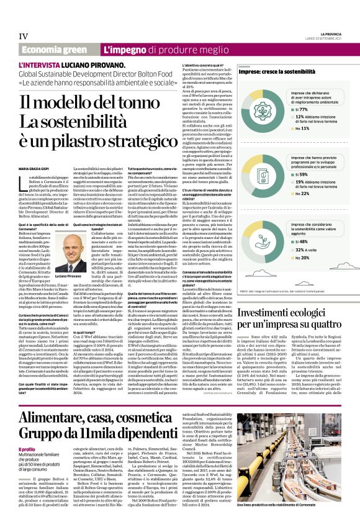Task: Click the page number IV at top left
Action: click(23, 36)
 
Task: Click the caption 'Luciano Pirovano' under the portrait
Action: click(69, 275)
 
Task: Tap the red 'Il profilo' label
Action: click(27, 449)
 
